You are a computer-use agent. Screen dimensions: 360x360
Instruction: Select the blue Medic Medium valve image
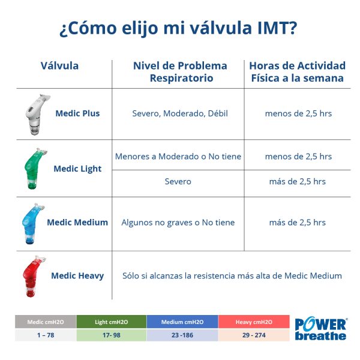point(31,223)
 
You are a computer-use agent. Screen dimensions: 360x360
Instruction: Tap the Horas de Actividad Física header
point(297,72)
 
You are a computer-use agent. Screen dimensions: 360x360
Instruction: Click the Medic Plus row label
point(77,113)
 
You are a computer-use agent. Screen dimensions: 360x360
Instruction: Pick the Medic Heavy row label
point(77,276)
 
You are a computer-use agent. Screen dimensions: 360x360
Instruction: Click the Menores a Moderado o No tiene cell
point(178,157)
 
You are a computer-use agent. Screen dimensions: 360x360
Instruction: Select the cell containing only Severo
point(178,181)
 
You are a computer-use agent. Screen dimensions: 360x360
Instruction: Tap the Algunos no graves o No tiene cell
point(178,223)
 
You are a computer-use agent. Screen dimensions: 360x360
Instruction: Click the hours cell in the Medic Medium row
point(298,223)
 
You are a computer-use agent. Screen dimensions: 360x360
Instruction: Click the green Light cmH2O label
point(110,322)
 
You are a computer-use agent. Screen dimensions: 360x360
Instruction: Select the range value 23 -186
point(182,335)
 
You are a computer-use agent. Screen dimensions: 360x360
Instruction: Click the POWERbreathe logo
point(320,329)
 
